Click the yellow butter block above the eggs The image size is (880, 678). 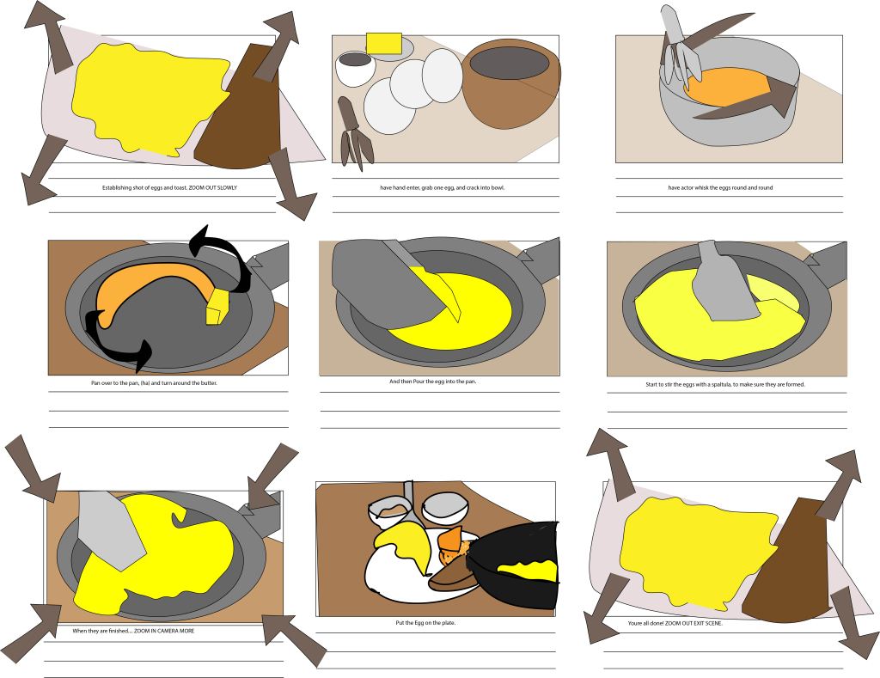coord(384,43)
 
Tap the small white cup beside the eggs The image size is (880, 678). coord(355,68)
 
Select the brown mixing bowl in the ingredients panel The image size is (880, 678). coord(510,83)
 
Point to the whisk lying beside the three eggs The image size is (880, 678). coord(354,133)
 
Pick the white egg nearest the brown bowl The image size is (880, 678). coord(443,76)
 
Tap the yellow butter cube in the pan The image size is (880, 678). coord(217,307)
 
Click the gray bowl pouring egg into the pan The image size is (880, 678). coord(384,284)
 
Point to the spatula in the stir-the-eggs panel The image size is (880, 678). coord(721,283)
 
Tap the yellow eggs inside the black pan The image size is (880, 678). coord(529,571)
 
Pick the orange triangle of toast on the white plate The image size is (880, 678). coord(450,541)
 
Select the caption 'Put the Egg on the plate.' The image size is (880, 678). coord(425,623)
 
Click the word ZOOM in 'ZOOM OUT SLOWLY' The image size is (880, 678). coord(197,187)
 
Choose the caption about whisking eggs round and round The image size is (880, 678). coord(720,187)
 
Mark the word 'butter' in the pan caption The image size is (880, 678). coord(209,382)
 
